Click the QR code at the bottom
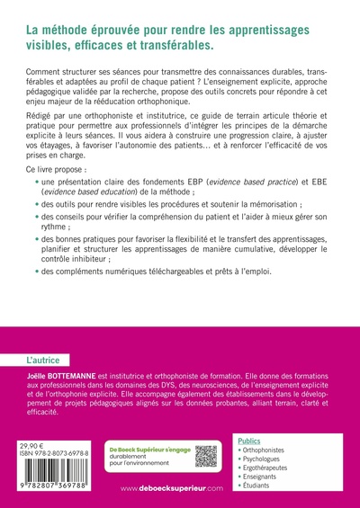pyautogui.click(x=207, y=455)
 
